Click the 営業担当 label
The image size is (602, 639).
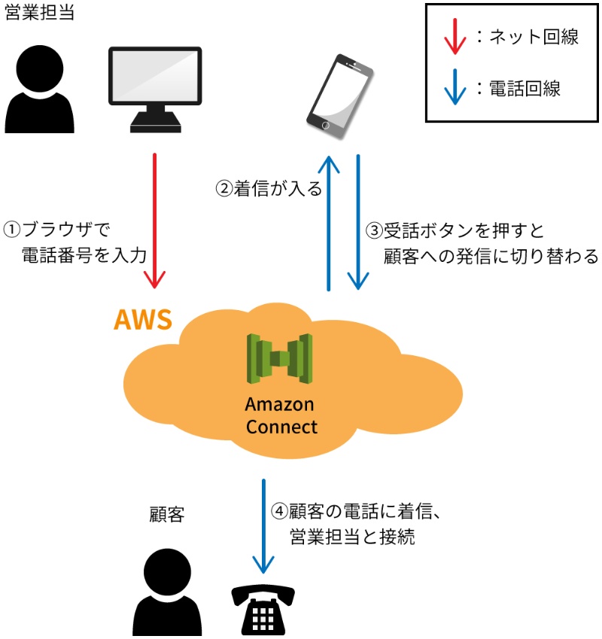tap(40, 13)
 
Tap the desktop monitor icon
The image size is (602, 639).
tap(155, 87)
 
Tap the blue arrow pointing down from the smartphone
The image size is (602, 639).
tap(357, 222)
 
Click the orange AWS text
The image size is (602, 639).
tap(143, 320)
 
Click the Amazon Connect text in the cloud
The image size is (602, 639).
tap(280, 415)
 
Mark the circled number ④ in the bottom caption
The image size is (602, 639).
tap(279, 511)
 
